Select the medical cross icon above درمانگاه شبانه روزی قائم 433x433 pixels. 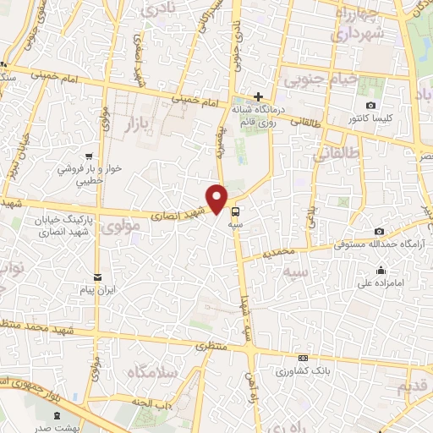(x=259, y=96)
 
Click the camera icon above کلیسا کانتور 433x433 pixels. (x=370, y=105)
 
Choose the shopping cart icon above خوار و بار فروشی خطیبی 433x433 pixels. (x=89, y=156)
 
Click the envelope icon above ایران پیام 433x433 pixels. (x=98, y=277)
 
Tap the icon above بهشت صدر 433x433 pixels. (x=58, y=415)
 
